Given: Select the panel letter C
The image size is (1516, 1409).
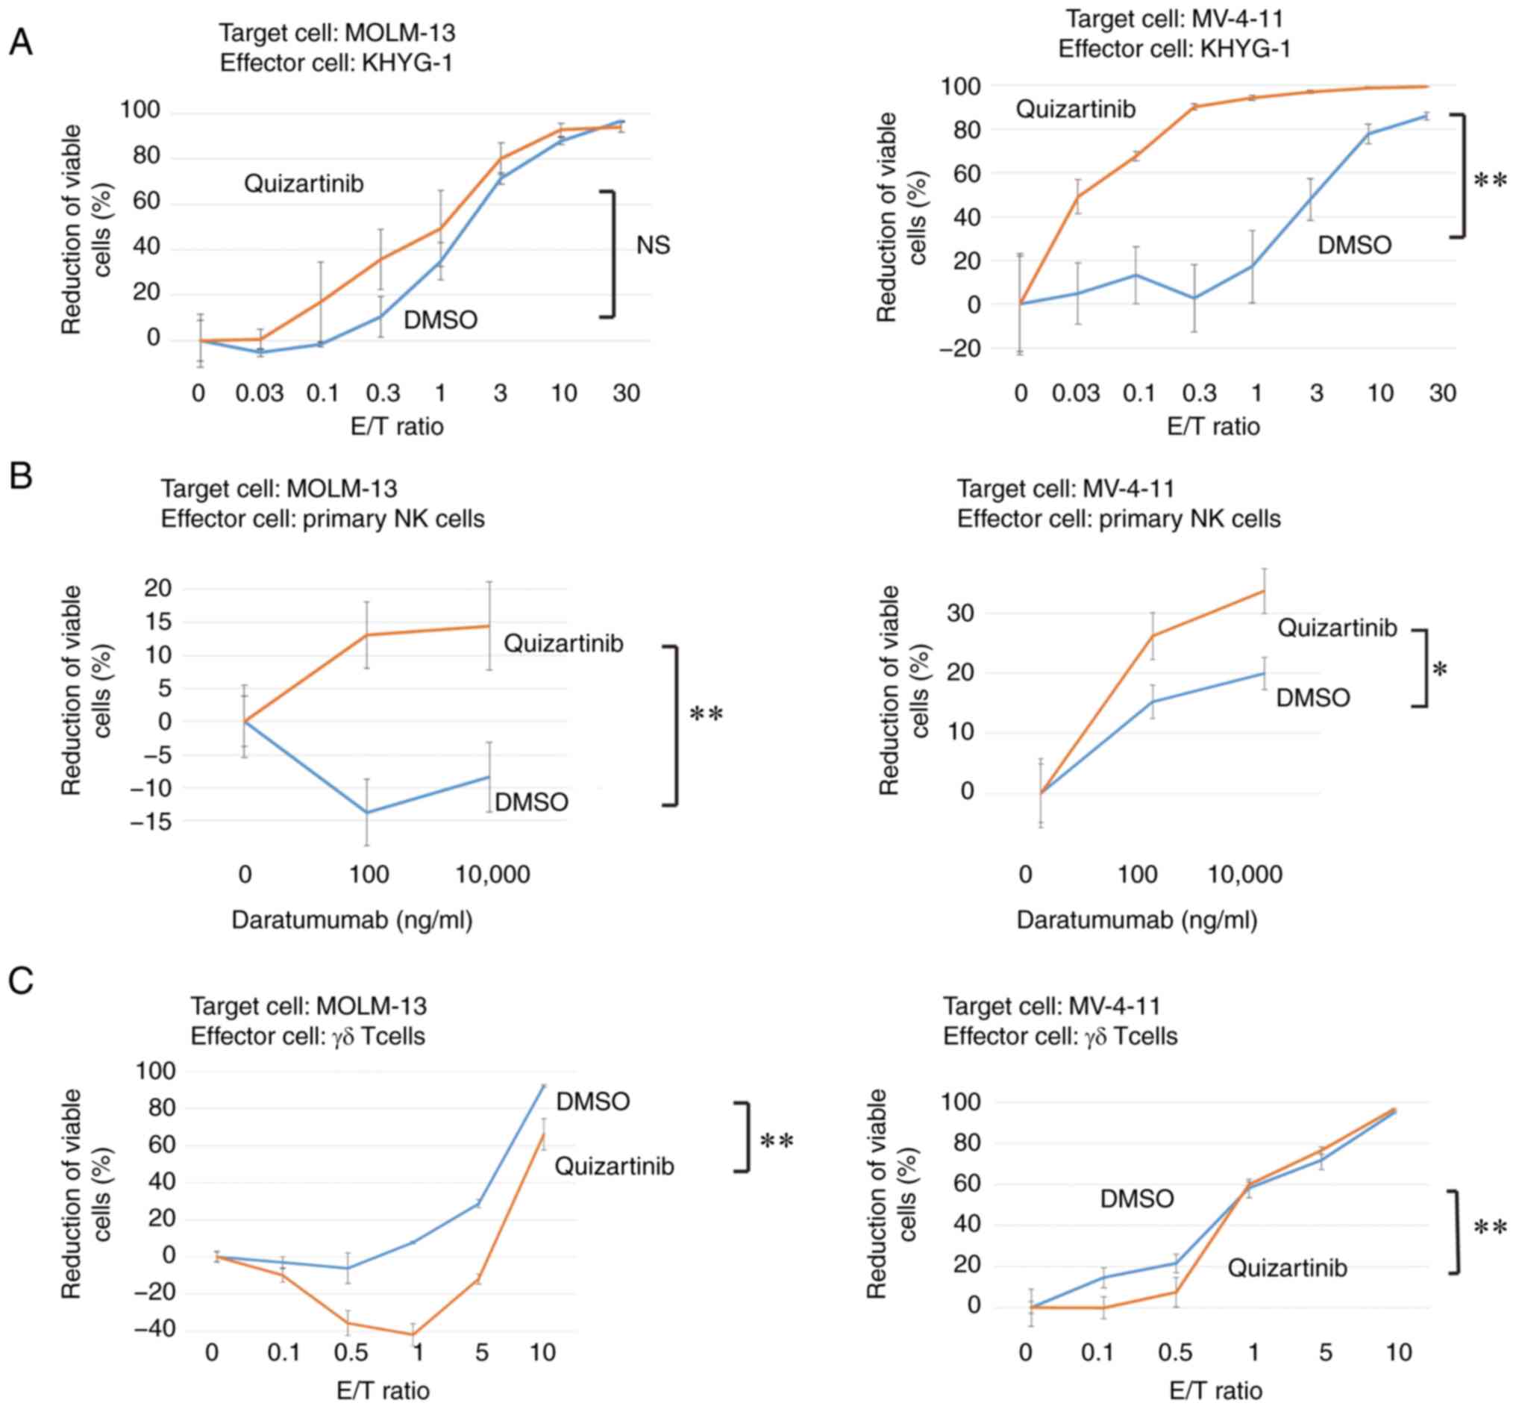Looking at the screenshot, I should click(x=21, y=981).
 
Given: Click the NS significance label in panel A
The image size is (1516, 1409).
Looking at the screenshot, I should click(x=654, y=245).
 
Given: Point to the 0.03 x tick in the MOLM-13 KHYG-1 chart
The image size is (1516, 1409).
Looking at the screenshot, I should click(x=259, y=393).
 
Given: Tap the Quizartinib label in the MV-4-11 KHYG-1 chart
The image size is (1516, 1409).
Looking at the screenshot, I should click(x=1076, y=110).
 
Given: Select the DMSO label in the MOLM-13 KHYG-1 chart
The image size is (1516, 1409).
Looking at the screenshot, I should click(x=440, y=320).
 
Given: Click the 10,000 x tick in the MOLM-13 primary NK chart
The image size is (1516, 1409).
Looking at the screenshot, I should click(x=492, y=875).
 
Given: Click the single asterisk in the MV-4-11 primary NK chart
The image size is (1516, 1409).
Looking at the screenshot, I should click(x=1440, y=670).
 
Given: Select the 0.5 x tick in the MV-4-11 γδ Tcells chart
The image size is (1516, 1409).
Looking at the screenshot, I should click(x=1174, y=1353).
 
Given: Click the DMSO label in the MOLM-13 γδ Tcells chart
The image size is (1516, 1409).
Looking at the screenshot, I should click(x=593, y=1102).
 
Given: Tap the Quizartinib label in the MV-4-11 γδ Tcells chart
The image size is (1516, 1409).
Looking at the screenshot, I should click(x=1286, y=1268).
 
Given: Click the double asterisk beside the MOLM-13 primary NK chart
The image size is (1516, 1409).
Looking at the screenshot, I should click(x=707, y=714).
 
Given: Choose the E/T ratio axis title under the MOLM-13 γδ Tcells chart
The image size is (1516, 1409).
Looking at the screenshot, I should click(x=383, y=1390).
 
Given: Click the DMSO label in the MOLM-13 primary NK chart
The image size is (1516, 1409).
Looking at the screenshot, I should click(x=531, y=802).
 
